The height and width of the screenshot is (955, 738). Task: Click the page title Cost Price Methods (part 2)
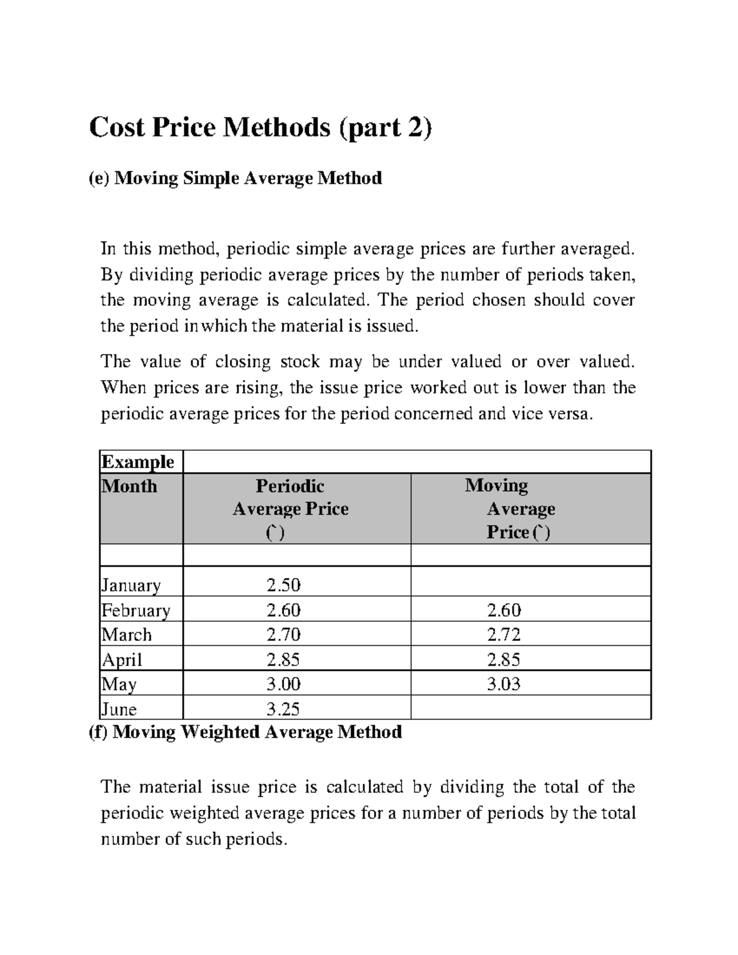[x=261, y=128]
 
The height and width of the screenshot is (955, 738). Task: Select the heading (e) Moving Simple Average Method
[x=236, y=178]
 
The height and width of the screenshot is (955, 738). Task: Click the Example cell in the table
[x=138, y=461]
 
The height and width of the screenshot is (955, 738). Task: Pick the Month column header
[x=129, y=486]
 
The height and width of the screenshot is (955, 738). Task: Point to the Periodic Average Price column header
[x=290, y=509]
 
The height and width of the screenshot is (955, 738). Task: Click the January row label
[x=131, y=585]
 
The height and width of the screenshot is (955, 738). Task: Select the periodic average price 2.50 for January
[x=284, y=585]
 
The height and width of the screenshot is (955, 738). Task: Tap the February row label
[x=136, y=610]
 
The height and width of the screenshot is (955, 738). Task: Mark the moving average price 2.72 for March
[x=504, y=635]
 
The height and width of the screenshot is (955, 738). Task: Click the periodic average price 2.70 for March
[x=284, y=635]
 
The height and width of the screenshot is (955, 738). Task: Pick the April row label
[x=122, y=660]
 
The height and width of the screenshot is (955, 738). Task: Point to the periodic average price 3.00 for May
[x=284, y=684]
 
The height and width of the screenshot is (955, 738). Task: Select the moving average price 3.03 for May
[x=504, y=684]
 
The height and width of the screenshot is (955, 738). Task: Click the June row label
[x=119, y=709]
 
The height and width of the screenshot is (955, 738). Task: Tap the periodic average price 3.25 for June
[x=284, y=709]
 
